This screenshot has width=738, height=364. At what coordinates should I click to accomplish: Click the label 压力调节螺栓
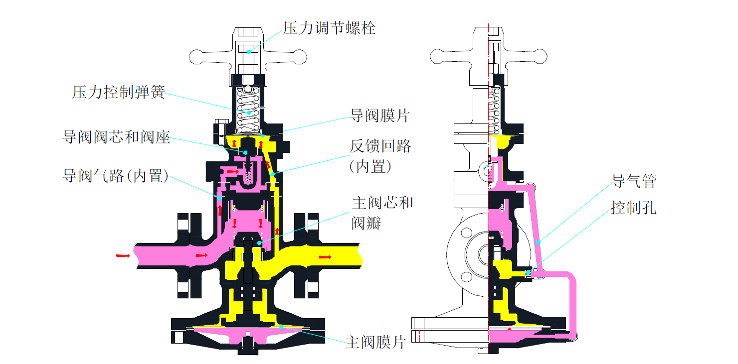(329, 28)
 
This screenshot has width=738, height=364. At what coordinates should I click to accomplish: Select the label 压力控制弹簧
(118, 92)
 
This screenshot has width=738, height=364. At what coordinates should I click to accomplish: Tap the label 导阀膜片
(380, 116)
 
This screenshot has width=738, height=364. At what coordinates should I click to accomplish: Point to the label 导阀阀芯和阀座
(116, 137)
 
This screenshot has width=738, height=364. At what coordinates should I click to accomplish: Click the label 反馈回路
(380, 146)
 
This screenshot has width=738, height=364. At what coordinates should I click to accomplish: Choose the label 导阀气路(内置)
(115, 176)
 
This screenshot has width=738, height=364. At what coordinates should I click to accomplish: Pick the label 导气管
(634, 181)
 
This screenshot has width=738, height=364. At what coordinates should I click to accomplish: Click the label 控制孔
(634, 208)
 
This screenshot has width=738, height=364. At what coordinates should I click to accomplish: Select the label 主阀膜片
(375, 343)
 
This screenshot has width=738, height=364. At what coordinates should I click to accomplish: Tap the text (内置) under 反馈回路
(370, 166)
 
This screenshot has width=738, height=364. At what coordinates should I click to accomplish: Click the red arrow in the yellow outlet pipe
(325, 257)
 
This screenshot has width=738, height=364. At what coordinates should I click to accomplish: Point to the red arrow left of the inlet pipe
(123, 256)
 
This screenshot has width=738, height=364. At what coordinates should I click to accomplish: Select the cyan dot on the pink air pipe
(539, 243)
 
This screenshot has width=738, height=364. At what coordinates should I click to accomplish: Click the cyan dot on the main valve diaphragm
(281, 327)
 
